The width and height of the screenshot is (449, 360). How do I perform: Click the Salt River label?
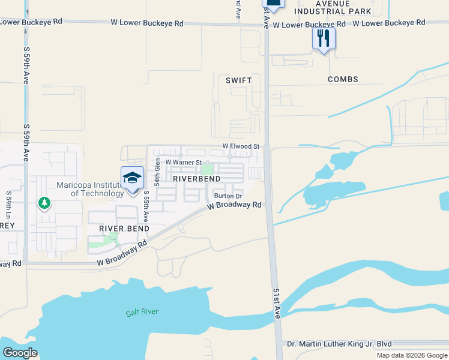(x=142, y=313)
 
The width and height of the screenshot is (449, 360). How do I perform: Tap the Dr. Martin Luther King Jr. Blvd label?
(x=339, y=344)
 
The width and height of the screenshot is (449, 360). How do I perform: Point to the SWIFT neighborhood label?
(x=238, y=80)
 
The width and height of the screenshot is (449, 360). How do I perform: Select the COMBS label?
(x=343, y=79)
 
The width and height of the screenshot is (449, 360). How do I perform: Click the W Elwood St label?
(x=240, y=146)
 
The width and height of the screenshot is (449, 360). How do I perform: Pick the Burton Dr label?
(x=228, y=196)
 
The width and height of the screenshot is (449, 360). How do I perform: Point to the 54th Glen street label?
(x=157, y=172)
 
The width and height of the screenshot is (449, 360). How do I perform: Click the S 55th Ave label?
(x=146, y=206)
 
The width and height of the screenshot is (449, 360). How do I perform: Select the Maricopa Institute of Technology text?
(x=90, y=189)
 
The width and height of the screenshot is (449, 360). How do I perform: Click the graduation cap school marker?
(x=133, y=178)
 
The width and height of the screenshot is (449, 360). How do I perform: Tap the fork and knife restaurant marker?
(x=324, y=38)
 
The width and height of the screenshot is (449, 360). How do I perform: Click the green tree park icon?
(x=44, y=203)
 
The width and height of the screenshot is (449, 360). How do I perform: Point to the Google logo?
(x=20, y=352)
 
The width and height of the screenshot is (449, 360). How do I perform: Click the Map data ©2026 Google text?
(x=411, y=355)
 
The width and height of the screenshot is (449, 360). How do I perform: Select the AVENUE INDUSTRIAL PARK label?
(x=331, y=7)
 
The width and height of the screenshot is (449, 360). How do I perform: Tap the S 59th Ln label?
(x=9, y=206)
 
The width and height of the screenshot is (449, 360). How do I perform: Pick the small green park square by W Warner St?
(x=207, y=170)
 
